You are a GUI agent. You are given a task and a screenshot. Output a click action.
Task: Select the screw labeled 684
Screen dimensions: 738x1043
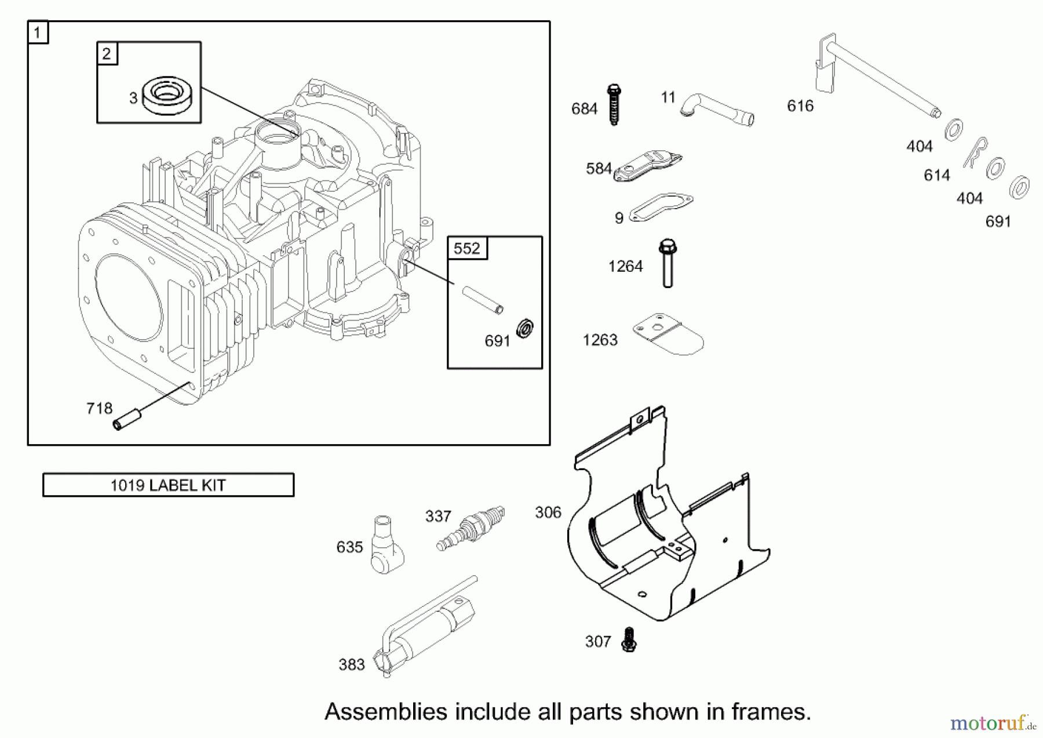tap(614, 105)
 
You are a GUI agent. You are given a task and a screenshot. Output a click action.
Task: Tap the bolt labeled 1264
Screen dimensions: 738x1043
tap(668, 263)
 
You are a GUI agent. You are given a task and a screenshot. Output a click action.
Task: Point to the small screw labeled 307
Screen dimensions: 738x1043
tap(629, 640)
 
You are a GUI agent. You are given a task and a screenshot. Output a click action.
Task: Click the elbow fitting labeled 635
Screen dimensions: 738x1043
tap(386, 546)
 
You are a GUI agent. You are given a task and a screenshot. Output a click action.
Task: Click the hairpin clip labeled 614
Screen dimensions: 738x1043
tap(975, 152)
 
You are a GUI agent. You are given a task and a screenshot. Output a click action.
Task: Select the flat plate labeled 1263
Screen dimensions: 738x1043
tap(668, 334)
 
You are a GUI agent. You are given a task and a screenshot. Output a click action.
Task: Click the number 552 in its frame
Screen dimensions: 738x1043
tap(467, 249)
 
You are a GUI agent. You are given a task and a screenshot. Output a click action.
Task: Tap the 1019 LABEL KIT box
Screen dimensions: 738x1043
tap(168, 485)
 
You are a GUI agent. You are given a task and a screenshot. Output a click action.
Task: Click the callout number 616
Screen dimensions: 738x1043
tap(800, 106)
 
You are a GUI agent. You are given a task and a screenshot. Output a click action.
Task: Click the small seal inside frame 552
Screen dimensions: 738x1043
tap(525, 329)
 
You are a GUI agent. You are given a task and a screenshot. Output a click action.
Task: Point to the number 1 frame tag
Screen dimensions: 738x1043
tap(38, 32)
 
